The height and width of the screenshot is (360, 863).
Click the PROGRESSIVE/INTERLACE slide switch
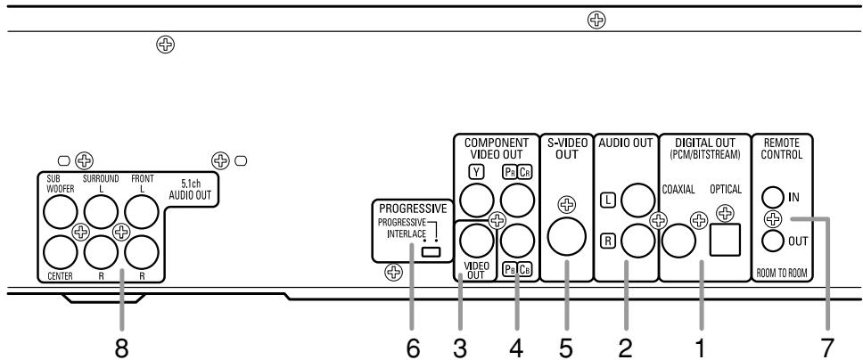[x=431, y=253]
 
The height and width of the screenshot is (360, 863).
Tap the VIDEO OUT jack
[x=479, y=239]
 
